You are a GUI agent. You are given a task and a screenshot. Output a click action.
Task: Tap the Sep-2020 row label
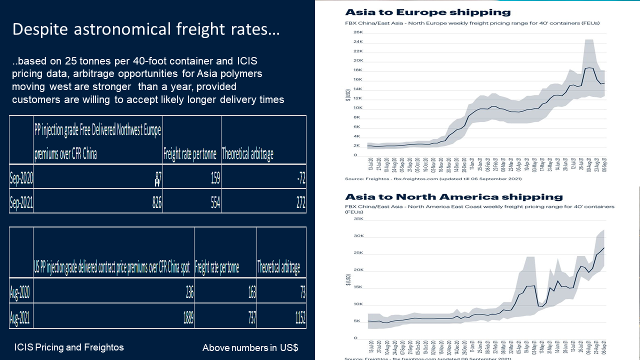[x=21, y=177]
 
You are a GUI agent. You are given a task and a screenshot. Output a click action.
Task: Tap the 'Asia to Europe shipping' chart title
[x=427, y=12]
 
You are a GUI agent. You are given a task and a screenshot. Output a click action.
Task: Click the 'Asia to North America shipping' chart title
[x=453, y=197]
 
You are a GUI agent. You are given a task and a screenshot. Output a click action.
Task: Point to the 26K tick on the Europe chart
[x=358, y=32]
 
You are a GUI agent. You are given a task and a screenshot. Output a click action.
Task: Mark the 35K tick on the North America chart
[x=358, y=218]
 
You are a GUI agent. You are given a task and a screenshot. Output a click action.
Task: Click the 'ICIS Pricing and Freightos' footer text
[x=69, y=347]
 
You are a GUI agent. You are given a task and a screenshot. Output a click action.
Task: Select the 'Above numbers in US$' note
[x=250, y=347]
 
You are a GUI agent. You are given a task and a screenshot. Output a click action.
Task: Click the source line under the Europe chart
[x=433, y=178]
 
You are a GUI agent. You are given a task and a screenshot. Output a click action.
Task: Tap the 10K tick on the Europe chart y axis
[x=358, y=107]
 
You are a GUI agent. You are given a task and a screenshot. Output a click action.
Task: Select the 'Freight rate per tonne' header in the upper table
[x=190, y=154]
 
